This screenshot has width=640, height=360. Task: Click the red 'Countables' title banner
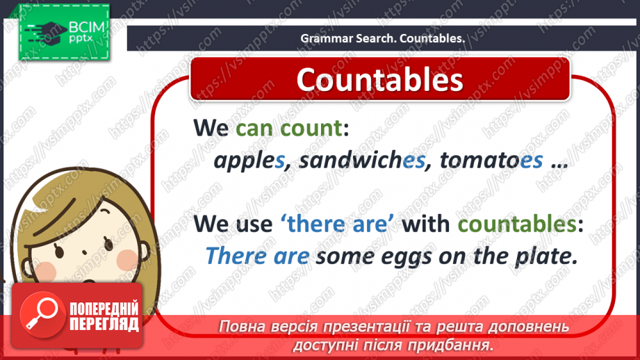click(379, 79)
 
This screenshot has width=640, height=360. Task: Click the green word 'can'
click(255, 128)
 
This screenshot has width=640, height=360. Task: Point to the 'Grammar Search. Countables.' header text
click(382, 39)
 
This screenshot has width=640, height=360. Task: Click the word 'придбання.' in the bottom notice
click(459, 345)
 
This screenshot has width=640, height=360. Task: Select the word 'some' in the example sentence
click(343, 256)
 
